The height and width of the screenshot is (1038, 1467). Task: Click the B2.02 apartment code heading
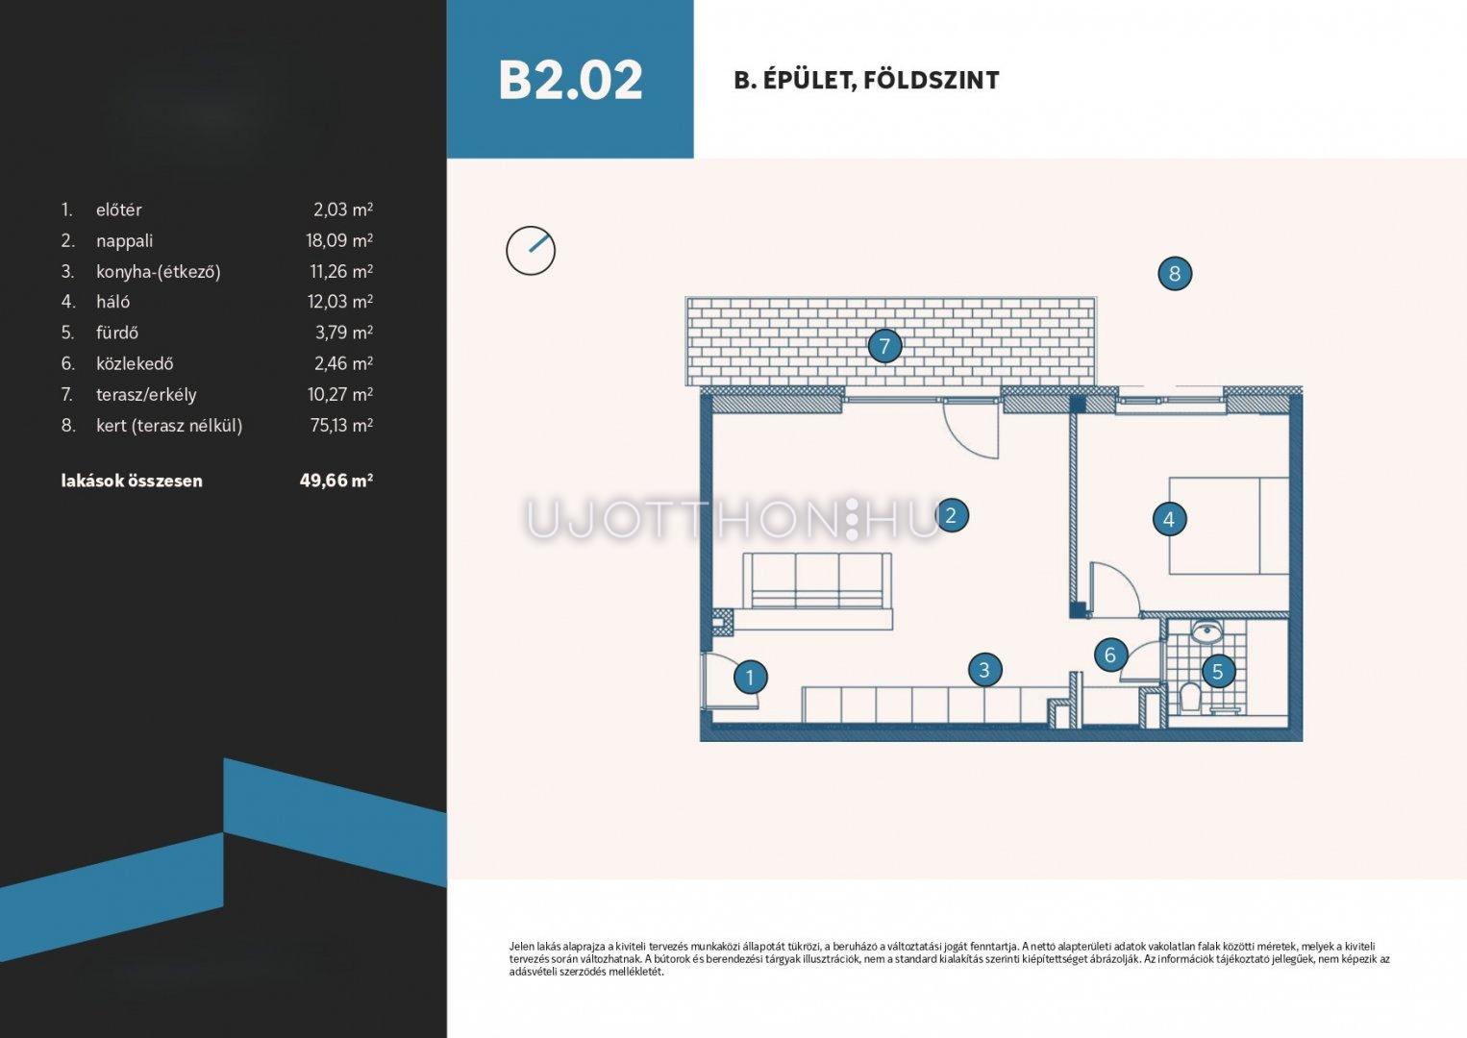(x=570, y=81)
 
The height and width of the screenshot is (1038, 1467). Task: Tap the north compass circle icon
(x=531, y=251)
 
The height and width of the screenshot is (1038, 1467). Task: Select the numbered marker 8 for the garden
(x=1175, y=274)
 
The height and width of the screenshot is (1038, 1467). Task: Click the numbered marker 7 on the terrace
(x=884, y=346)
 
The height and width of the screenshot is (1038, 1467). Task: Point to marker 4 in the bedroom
(x=1169, y=519)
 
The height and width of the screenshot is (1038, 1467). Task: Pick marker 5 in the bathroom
(x=1217, y=671)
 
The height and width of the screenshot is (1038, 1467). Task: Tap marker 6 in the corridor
(x=1110, y=655)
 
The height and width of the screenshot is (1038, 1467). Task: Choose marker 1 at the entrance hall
(x=751, y=678)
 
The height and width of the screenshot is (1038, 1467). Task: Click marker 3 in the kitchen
(x=983, y=669)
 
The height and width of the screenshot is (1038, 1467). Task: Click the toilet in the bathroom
(x=1189, y=698)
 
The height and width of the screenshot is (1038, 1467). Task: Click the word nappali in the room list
(x=124, y=241)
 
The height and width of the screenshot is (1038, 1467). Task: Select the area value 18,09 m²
(x=339, y=240)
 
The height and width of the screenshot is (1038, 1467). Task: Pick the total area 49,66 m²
(x=336, y=481)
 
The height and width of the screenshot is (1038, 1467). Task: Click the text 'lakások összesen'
(x=132, y=481)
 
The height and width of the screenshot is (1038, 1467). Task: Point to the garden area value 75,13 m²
(x=341, y=426)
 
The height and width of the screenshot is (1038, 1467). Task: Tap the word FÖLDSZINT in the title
(x=932, y=81)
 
